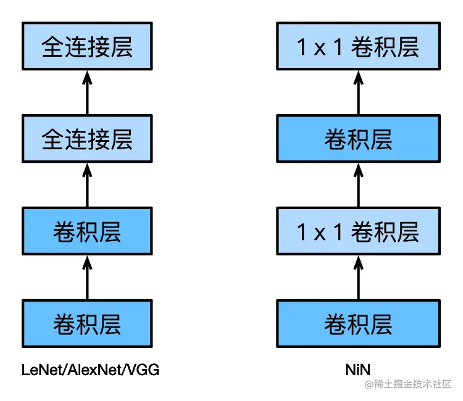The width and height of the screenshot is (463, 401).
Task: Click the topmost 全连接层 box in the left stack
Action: click(x=86, y=48)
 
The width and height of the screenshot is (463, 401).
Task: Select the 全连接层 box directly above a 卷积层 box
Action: click(x=86, y=139)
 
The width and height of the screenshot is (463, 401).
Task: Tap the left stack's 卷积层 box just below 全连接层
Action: click(x=86, y=231)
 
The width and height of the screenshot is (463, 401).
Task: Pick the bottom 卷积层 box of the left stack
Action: click(x=86, y=323)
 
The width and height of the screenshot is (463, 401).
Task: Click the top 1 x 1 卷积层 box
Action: click(x=358, y=48)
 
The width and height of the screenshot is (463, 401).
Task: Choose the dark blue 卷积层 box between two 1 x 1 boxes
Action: click(x=358, y=139)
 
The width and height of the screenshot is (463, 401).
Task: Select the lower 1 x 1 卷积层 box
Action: click(x=358, y=231)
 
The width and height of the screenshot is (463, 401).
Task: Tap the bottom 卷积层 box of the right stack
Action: click(x=358, y=323)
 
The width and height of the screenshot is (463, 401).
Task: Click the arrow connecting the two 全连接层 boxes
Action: click(x=86, y=93)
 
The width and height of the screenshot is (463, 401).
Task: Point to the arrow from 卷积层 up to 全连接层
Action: click(x=86, y=185)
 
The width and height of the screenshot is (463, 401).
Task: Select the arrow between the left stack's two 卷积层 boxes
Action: click(x=86, y=277)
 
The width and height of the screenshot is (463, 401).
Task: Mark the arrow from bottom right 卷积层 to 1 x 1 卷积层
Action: click(x=358, y=277)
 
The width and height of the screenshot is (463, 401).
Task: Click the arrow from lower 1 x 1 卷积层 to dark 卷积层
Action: click(x=358, y=185)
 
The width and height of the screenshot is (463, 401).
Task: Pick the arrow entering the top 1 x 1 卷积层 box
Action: click(x=358, y=93)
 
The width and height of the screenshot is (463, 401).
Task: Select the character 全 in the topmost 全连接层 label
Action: click(x=52, y=48)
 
